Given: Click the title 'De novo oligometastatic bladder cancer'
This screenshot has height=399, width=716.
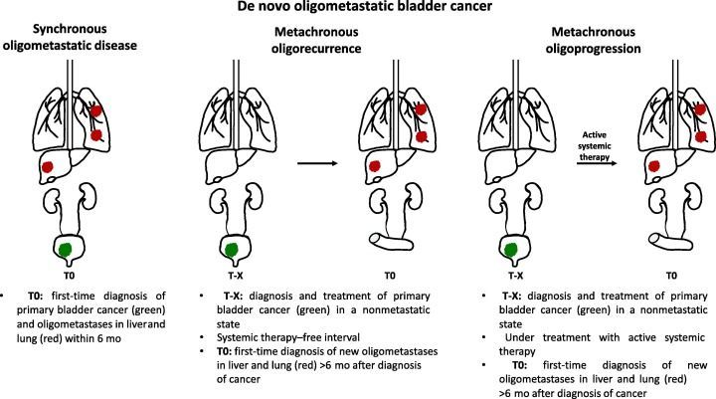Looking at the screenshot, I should click(x=358, y=9).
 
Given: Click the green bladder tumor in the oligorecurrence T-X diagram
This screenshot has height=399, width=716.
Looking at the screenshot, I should click(x=231, y=247).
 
